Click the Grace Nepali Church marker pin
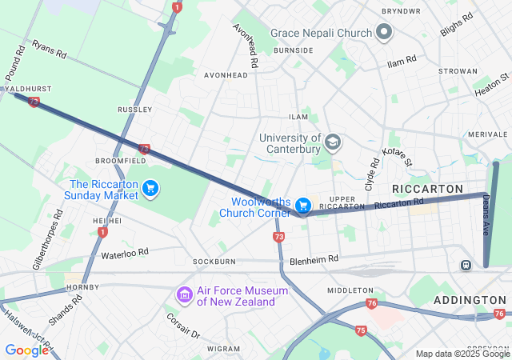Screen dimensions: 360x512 click(x=384, y=33)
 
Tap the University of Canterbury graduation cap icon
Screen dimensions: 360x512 click(x=332, y=144)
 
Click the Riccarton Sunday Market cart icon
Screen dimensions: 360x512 click(x=150, y=189)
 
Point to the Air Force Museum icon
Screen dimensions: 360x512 click(x=185, y=296)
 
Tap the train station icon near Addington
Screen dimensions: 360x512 click(x=465, y=265)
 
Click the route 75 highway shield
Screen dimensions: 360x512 click(x=361, y=330)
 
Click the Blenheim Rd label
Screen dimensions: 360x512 click(x=314, y=259)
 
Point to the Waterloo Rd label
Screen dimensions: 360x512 click(x=125, y=254)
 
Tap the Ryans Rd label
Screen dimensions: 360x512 click(x=50, y=50)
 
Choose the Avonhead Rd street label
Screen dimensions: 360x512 click(x=246, y=43)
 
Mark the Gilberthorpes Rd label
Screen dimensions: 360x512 click(x=46, y=239)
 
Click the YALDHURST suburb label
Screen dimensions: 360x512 click(x=26, y=88)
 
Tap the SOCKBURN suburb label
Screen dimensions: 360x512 click(x=214, y=262)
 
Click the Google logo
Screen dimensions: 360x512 click(x=26, y=350)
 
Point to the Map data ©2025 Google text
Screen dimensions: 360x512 click(x=462, y=354)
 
